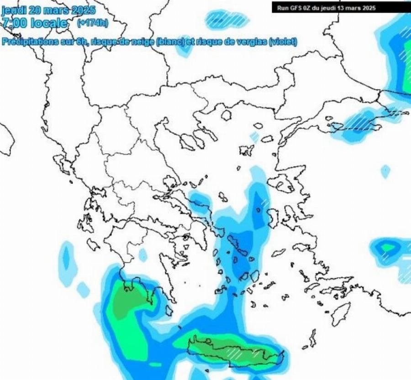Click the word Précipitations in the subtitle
point(25,42)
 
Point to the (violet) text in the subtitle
point(283,42)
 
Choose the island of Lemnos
point(247,150)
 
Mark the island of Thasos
point(227,115)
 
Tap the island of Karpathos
point(313,340)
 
